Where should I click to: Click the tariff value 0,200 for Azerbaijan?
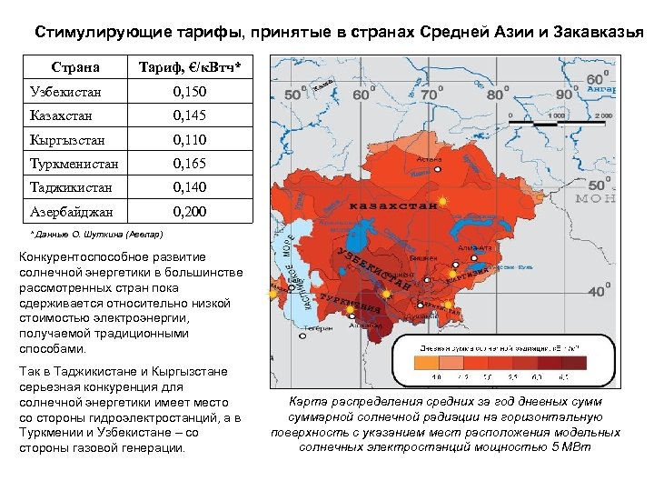pos(190,211)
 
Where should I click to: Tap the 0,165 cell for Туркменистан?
pos(190,164)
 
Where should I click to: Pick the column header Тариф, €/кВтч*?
pos(190,67)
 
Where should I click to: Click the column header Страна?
pos(75,67)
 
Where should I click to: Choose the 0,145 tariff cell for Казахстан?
pos(190,115)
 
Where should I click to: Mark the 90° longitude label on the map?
pos(566,93)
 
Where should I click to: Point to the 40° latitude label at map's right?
pos(598,291)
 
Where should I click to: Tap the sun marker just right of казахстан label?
pos(442,200)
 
